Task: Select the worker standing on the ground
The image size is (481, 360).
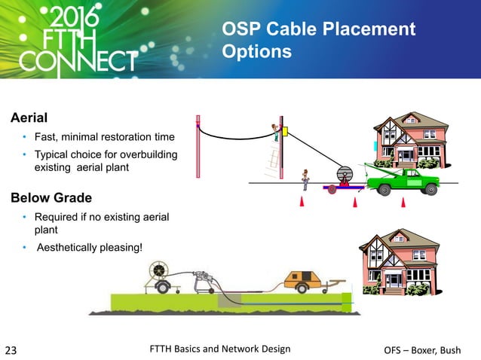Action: [305, 178]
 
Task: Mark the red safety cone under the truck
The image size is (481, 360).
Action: [403, 202]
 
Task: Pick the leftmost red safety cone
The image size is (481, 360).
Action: [302, 202]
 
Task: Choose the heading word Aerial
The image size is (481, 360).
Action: [29, 118]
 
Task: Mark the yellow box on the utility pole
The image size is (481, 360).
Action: [276, 136]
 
